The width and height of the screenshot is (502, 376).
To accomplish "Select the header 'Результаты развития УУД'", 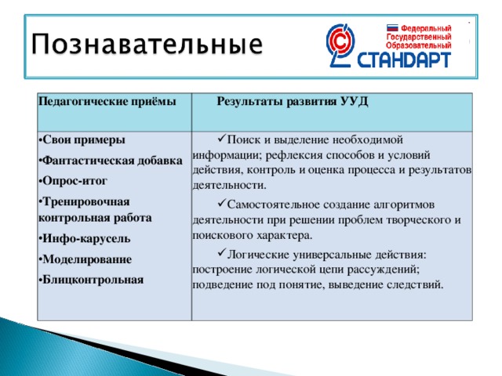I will point(293,102).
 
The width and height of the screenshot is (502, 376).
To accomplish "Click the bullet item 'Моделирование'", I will point(87,258).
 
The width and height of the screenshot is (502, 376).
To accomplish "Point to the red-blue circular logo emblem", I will point(343,45).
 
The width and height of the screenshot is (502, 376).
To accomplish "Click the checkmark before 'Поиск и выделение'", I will point(219,139).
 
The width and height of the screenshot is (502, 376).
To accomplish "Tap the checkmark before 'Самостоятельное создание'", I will point(219,204).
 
